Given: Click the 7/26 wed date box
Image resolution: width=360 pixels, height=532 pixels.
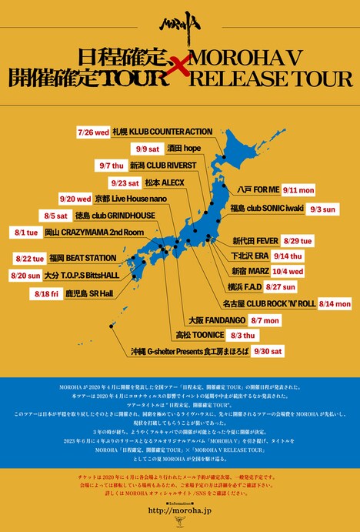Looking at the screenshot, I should [x=94, y=132].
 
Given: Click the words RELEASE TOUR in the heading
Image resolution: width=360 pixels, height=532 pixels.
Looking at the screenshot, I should [x=275, y=79].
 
